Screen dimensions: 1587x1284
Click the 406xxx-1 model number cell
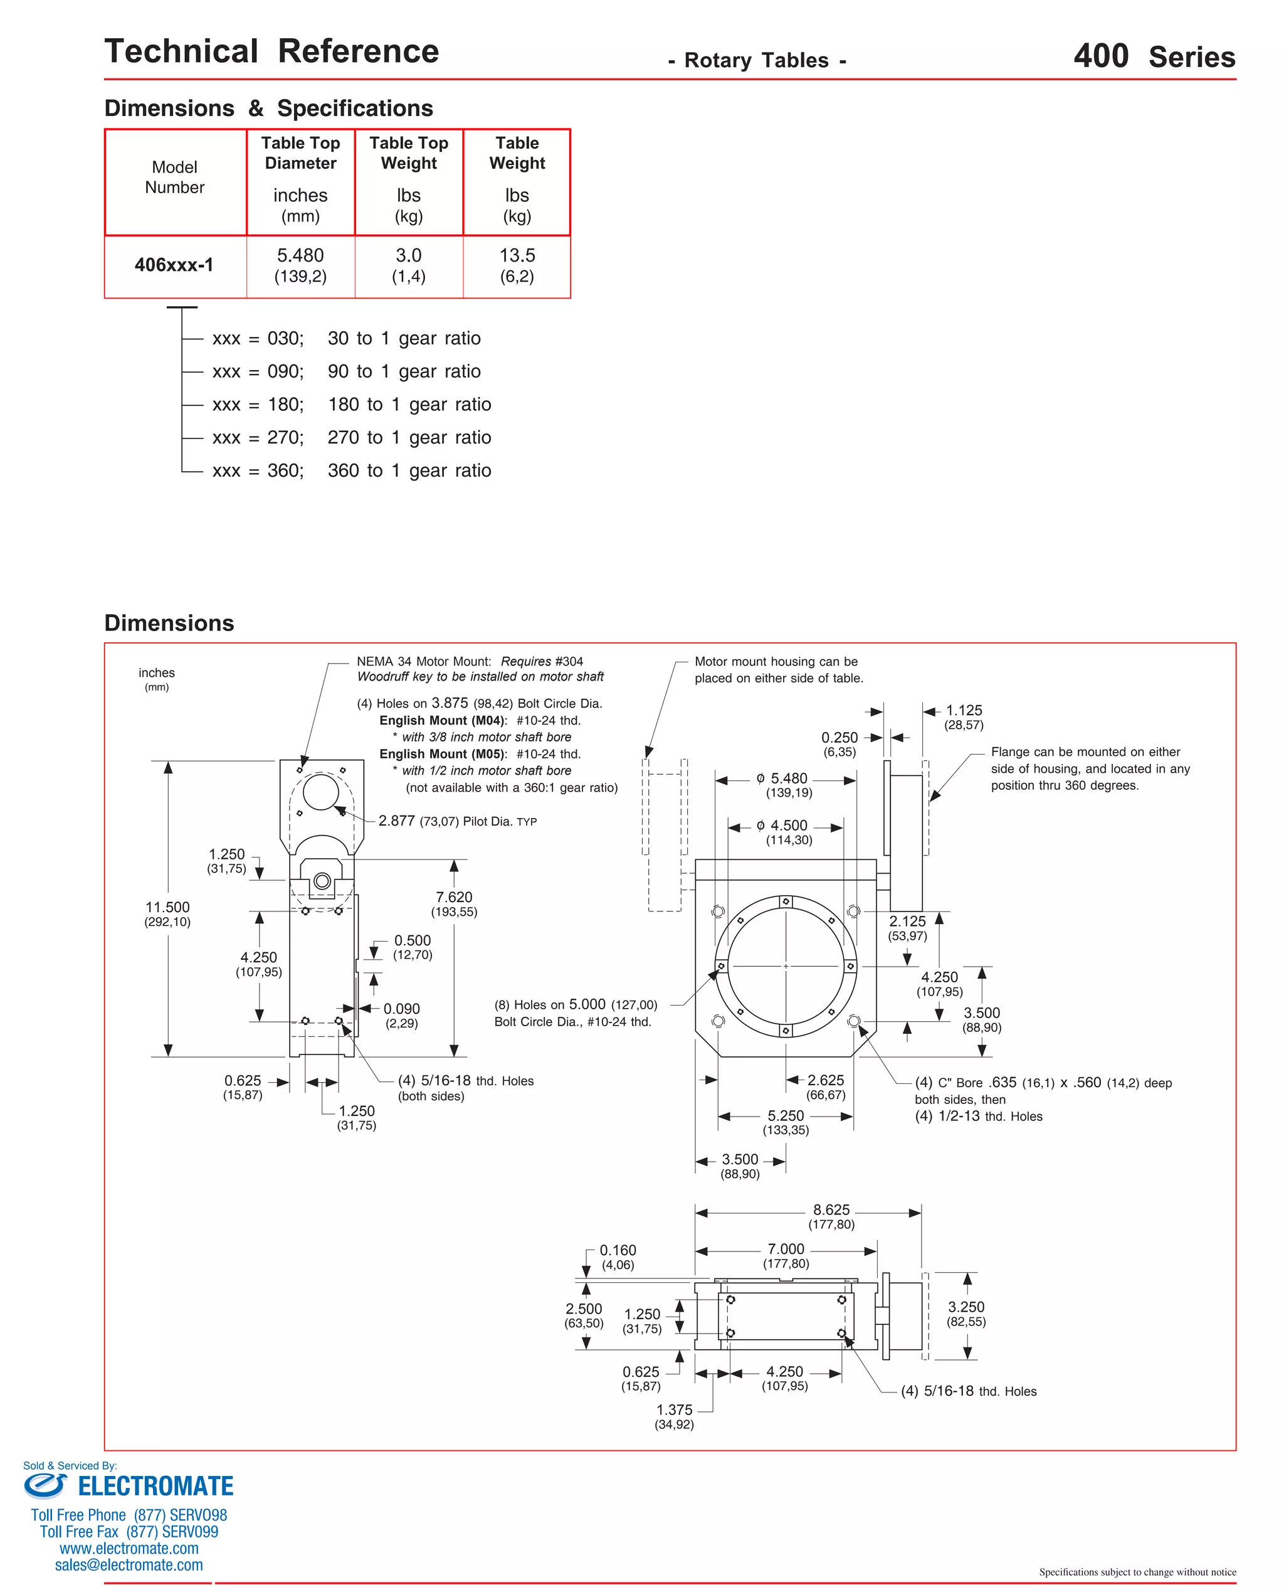pos(174,265)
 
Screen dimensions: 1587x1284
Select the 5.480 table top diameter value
pos(300,256)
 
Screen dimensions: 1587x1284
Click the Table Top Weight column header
pos(408,153)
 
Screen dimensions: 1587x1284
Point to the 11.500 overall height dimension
pos(167,907)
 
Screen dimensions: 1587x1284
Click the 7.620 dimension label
pos(453,898)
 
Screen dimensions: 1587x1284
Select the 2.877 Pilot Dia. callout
pos(396,820)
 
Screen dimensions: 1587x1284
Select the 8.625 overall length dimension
pos(831,1209)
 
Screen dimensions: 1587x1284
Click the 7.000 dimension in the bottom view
pos(786,1249)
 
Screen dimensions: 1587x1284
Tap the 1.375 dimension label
pos(674,1410)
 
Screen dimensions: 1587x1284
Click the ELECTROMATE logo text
pos(155,1487)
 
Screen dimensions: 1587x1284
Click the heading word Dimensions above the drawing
pos(169,623)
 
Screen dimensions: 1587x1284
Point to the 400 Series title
pos(1154,56)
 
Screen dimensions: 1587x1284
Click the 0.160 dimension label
pos(618,1250)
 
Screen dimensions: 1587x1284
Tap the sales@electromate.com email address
pos(129,1565)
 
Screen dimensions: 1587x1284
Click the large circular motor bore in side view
pos(320,792)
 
